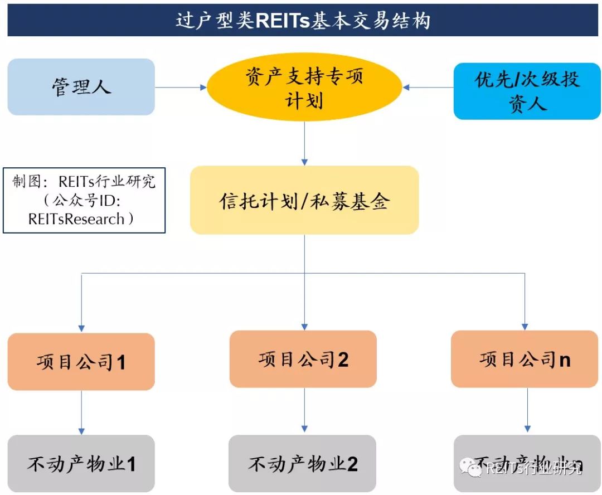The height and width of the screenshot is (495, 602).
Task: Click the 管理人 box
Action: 81,87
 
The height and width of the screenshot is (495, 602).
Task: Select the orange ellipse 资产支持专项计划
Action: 304,87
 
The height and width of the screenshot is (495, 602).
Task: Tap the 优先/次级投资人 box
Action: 527,91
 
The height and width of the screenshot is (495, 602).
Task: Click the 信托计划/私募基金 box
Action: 304,200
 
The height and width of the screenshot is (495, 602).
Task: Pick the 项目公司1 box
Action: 81,361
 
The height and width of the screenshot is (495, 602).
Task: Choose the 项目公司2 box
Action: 303,359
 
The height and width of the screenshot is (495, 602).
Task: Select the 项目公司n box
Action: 525,359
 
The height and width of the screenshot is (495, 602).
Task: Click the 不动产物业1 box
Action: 81,463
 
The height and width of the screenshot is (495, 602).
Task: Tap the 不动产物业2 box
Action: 302,463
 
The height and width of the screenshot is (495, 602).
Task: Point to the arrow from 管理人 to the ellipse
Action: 180,87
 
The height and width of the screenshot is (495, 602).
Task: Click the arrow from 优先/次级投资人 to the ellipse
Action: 428,87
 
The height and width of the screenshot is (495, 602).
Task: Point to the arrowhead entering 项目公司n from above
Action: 525,326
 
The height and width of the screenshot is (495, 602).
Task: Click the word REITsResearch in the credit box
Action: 76,219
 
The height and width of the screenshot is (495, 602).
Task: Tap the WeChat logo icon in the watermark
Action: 474,469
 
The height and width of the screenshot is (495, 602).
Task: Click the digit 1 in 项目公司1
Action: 120,363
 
